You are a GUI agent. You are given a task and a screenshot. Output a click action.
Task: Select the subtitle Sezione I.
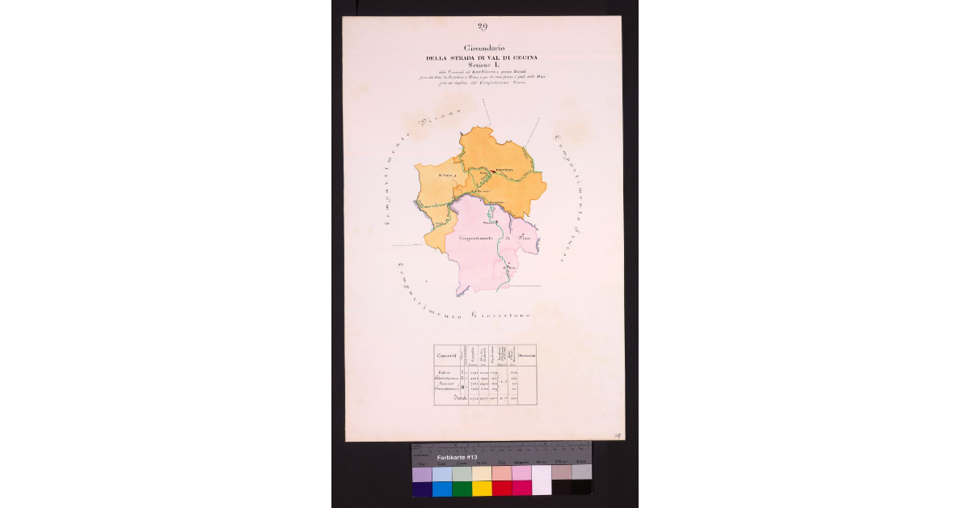coord(483,66)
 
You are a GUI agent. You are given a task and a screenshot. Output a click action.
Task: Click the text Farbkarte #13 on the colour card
coord(457,458)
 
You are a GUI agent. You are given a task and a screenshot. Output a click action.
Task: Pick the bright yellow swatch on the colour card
coord(482,488)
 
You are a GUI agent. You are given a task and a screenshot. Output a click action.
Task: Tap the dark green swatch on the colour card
coord(462,488)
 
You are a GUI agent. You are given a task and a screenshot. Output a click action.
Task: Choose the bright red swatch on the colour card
coord(502,488)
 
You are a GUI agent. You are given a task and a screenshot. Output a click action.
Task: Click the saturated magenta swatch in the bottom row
coord(521,488)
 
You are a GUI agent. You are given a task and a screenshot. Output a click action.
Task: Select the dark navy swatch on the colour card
coord(422,488)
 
